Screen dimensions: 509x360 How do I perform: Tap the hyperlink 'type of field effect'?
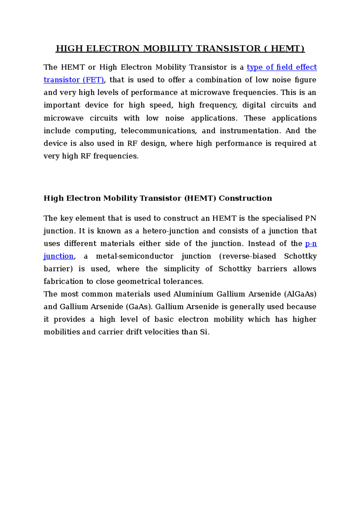click(281, 67)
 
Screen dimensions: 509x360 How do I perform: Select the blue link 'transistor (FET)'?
click(74, 80)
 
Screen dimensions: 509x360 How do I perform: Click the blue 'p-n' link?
click(311, 244)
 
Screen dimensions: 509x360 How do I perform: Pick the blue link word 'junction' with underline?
click(58, 256)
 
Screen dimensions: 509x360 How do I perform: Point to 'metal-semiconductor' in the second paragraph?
click(134, 256)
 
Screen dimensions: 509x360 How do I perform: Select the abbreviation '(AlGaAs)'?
click(300, 294)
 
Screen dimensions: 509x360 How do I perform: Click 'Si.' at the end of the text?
click(205, 332)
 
